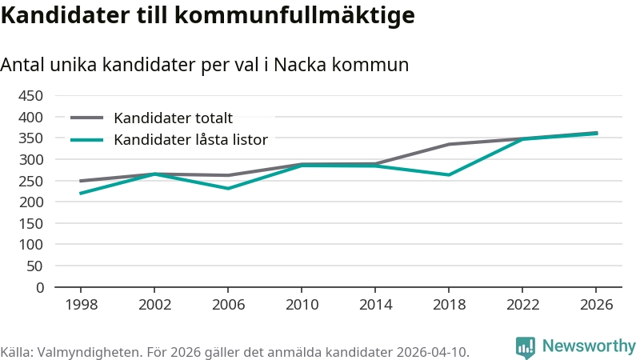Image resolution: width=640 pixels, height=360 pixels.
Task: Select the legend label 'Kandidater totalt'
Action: [x=173, y=118]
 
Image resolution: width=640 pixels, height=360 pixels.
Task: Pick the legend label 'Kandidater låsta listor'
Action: [x=190, y=139]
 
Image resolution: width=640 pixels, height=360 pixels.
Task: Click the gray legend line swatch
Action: [x=87, y=118]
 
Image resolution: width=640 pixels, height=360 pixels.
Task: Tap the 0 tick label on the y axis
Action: [x=39, y=287]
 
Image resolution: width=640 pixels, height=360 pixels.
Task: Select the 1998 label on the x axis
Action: [x=80, y=305]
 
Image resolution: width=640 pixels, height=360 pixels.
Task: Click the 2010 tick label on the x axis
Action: [x=302, y=305]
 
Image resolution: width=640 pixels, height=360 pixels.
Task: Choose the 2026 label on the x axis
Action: [x=596, y=305]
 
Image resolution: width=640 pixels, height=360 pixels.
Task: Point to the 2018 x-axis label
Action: [x=449, y=305]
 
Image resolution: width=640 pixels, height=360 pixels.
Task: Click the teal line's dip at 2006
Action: [x=228, y=189]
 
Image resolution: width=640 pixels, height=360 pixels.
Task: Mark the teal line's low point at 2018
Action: [x=449, y=174]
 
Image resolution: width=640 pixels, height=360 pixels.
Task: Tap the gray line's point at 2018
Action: [x=449, y=144]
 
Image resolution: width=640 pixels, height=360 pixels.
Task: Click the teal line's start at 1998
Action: [x=80, y=194]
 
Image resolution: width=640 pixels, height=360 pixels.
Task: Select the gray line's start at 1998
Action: [x=80, y=181]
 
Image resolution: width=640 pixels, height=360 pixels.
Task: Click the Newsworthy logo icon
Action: [x=526, y=346]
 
